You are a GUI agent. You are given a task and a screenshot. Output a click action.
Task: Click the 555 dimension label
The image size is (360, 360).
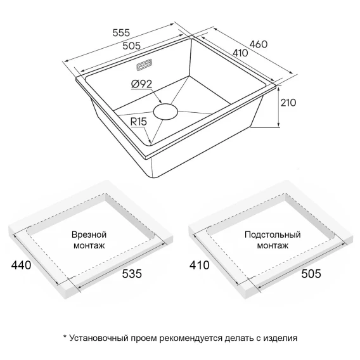coord(121,32)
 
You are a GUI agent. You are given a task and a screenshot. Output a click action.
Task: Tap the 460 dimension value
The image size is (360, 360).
coord(259,44)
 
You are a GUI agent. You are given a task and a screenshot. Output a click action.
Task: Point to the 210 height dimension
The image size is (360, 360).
coord(288,103)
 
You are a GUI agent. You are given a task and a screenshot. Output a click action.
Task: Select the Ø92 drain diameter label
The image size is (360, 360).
coord(142,84)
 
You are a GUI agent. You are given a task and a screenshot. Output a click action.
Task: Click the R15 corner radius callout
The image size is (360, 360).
coord(138,122)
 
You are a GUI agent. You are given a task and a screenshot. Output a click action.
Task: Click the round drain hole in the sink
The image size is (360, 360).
coord(165,112)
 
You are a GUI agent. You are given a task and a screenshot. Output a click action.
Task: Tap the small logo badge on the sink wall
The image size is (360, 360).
coord(145,65)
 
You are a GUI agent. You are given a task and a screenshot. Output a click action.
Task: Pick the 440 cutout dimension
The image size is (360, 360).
coord(21,265)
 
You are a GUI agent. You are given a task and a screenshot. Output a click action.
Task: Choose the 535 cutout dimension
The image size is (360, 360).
coord(132,274)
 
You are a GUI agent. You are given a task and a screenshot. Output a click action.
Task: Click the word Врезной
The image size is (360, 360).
coord(89,235)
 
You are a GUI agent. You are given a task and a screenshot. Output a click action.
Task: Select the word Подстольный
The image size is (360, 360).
coord(273,235)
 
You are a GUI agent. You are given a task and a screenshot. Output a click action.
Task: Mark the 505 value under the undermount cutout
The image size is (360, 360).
coord(311,274)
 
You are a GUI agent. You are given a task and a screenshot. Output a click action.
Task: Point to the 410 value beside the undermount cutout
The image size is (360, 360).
coord(199,265)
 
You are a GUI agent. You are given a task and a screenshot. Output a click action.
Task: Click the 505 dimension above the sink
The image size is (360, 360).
coord(131,46)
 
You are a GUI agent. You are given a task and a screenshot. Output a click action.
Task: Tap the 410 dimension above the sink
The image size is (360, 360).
coord(240,53)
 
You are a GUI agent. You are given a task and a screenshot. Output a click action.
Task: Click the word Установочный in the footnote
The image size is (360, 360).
coord(99,338)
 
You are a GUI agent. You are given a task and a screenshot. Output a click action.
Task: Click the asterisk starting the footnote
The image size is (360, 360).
coord(65,337)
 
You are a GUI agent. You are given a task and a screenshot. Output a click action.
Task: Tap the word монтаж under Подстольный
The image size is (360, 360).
coord(273,246)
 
